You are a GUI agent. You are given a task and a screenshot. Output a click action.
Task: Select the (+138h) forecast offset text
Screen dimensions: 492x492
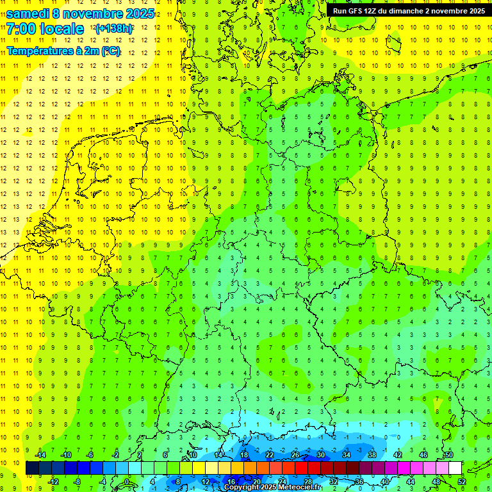[x=113, y=29]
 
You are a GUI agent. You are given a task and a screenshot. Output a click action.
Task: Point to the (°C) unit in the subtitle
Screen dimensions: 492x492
[x=110, y=51]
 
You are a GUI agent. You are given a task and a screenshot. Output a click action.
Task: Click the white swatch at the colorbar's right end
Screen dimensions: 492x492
[x=455, y=468]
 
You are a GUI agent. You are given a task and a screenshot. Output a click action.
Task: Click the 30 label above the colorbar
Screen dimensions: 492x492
[x=320, y=455]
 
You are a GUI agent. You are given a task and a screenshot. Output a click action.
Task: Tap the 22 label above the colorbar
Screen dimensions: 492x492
[x=270, y=455]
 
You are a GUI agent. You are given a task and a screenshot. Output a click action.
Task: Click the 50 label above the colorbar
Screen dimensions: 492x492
[x=448, y=455]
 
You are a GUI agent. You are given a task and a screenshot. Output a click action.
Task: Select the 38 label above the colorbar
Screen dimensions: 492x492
[x=372, y=455]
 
